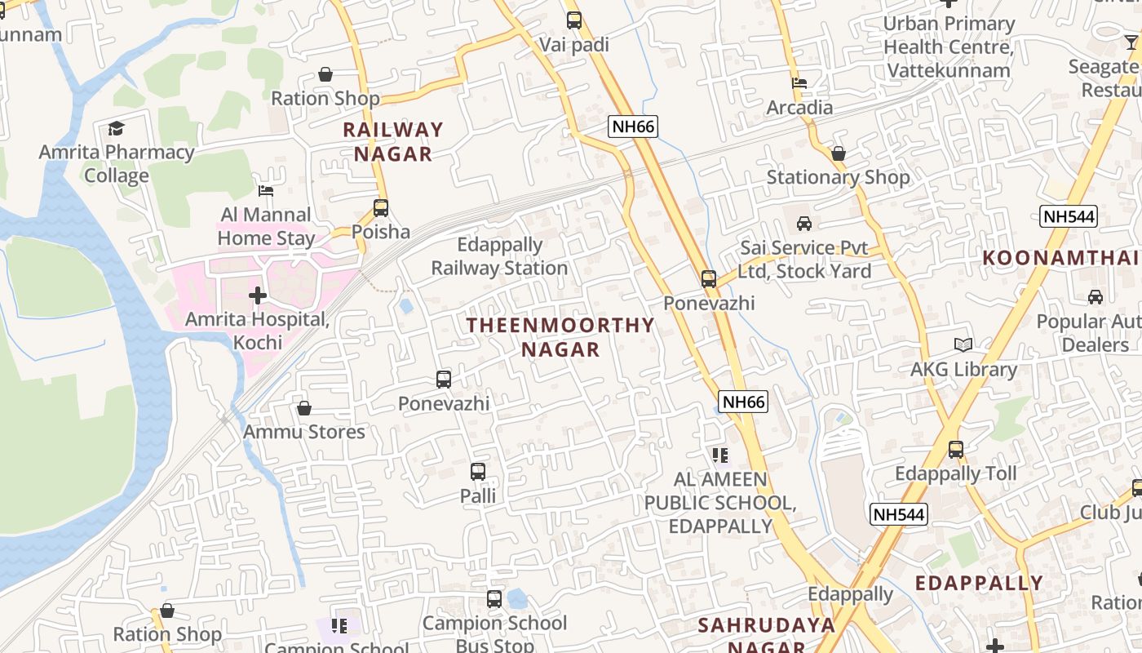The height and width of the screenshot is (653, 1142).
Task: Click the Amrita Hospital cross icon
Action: (x=258, y=295)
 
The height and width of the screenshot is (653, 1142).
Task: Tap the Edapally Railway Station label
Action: (x=499, y=256)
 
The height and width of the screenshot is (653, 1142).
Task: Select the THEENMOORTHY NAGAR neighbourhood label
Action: (x=560, y=337)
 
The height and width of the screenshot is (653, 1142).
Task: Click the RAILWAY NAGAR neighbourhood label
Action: (x=392, y=141)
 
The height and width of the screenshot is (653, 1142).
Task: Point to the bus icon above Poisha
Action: (x=381, y=207)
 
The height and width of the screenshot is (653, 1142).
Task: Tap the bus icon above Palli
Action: (x=478, y=471)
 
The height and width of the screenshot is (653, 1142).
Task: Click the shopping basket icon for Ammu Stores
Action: (x=304, y=407)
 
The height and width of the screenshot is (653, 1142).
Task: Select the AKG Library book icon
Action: (x=963, y=345)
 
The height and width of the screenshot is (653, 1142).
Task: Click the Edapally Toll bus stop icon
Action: (x=956, y=449)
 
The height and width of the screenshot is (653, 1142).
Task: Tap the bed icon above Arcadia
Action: (x=799, y=83)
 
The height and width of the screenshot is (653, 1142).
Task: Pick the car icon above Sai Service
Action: (x=804, y=223)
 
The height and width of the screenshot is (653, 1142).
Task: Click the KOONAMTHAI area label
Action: (x=1060, y=258)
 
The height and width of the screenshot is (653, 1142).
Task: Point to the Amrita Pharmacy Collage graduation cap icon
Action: (x=116, y=128)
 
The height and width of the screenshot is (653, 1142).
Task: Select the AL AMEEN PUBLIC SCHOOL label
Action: (x=719, y=502)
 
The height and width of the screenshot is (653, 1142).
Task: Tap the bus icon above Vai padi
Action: (x=574, y=20)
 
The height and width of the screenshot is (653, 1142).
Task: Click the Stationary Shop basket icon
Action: (x=838, y=153)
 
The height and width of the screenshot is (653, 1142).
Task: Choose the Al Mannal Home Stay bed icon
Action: (x=266, y=191)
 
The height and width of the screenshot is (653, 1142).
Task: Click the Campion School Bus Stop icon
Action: (x=494, y=598)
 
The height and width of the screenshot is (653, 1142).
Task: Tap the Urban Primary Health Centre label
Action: (x=949, y=47)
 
